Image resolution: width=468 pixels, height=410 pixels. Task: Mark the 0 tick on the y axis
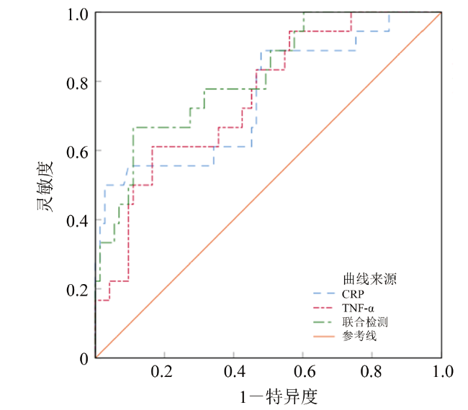click(85, 357)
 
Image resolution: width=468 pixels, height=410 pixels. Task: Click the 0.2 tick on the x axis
click(164, 373)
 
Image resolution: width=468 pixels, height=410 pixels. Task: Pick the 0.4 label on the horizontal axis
click(233, 373)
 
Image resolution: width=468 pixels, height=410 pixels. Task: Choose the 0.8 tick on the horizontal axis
click(372, 373)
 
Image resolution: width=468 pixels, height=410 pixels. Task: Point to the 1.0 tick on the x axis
click(441, 373)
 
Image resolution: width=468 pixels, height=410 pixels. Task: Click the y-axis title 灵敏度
click(45, 186)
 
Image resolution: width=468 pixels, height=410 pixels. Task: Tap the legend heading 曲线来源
click(371, 278)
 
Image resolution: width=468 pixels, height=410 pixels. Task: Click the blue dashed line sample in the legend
click(328, 293)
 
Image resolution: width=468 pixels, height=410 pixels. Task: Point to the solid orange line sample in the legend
click(328, 335)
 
